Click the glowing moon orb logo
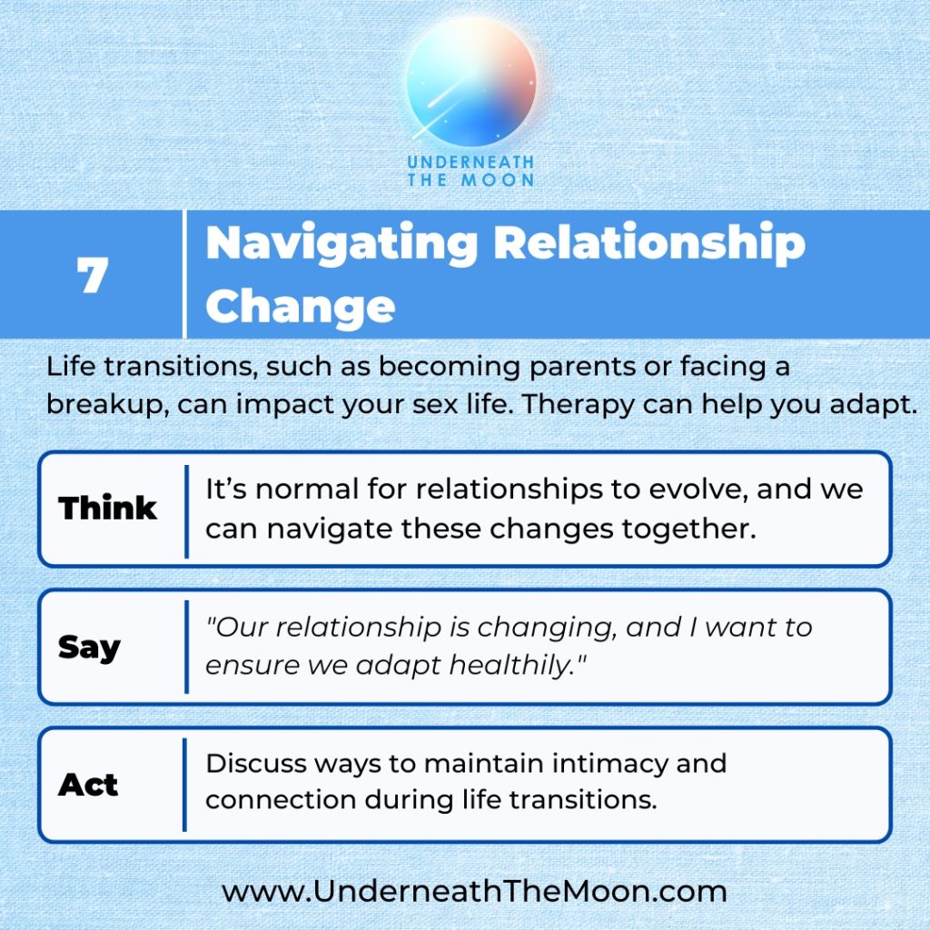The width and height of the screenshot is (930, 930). click(471, 82)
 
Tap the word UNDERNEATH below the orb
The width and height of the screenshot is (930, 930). click(471, 162)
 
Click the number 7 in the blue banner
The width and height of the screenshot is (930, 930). click(93, 274)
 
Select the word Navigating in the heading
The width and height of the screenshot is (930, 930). click(341, 244)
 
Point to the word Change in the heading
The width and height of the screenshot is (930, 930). click(300, 306)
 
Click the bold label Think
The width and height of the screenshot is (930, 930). click(107, 508)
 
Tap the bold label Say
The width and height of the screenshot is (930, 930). click(89, 647)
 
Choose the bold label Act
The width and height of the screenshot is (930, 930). click(88, 785)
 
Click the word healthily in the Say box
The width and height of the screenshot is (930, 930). click(517, 664)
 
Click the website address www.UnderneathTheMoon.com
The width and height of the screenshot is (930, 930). click(474, 892)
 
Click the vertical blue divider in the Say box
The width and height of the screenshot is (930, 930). click(186, 647)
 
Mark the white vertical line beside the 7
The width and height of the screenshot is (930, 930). click(184, 274)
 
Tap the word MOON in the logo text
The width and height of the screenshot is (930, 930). click(498, 181)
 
